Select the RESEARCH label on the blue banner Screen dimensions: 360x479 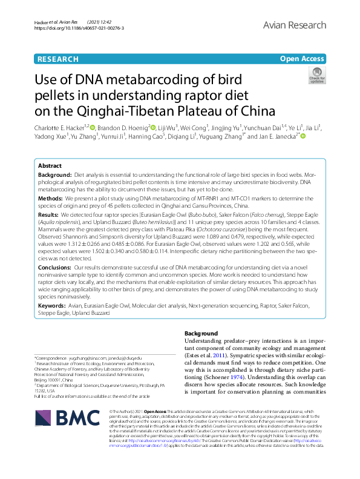tap(57, 59)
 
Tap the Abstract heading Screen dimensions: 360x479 tap(50, 165)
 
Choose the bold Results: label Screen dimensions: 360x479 tap(49, 215)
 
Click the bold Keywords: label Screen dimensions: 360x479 tap(52, 306)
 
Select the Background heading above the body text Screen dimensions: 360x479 tap(201, 333)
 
